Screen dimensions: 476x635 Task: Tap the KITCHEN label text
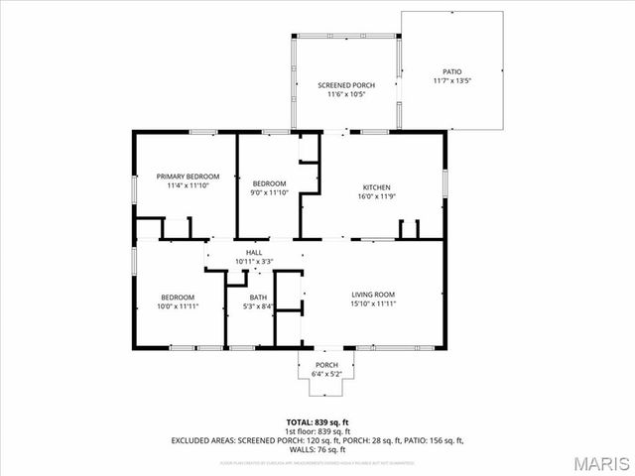tap(376, 187)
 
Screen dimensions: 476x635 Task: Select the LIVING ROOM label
tap(373, 295)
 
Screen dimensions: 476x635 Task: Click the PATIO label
tap(451, 71)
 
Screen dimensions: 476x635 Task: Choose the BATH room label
tap(258, 297)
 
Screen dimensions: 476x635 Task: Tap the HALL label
tap(254, 253)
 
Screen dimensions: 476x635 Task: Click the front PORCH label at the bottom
tap(326, 365)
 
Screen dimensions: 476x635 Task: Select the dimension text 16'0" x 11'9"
tap(376, 196)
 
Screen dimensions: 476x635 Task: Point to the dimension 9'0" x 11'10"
tap(269, 192)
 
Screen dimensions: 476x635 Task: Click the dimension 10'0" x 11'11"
tap(179, 306)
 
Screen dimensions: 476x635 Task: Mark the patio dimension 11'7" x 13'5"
tap(451, 80)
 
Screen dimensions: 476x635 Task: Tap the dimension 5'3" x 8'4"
tap(258, 306)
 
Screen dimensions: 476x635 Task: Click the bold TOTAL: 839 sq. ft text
tap(317, 422)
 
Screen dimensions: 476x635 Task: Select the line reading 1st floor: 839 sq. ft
tap(317, 431)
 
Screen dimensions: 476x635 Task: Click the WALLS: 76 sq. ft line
tap(317, 449)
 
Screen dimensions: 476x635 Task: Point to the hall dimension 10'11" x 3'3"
tap(254, 262)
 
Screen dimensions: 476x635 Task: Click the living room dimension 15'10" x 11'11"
tap(373, 303)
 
